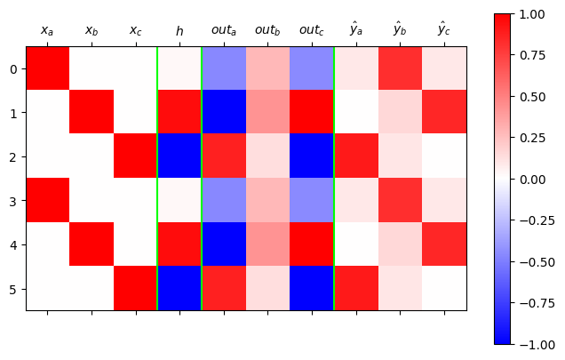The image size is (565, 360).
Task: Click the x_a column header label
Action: point(47,31)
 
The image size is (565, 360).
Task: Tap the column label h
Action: point(179,31)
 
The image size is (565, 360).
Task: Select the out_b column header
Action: point(267,30)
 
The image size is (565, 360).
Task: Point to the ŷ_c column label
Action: point(443,30)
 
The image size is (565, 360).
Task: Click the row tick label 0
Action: point(12,68)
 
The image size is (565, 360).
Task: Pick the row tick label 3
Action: point(12,201)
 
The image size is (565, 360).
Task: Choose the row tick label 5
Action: point(12,289)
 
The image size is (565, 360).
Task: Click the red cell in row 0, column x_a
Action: point(48,68)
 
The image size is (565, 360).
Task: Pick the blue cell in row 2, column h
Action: point(179,156)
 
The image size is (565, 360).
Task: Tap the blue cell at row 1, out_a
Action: point(224,112)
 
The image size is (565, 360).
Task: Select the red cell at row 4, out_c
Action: point(312,244)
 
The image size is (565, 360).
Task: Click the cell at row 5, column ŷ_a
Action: point(356,289)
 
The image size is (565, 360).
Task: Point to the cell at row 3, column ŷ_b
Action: point(400,201)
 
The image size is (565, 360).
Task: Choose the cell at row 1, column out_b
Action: point(267,112)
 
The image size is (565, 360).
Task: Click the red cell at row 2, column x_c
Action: point(136,156)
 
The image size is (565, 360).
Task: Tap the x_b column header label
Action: point(92,31)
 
